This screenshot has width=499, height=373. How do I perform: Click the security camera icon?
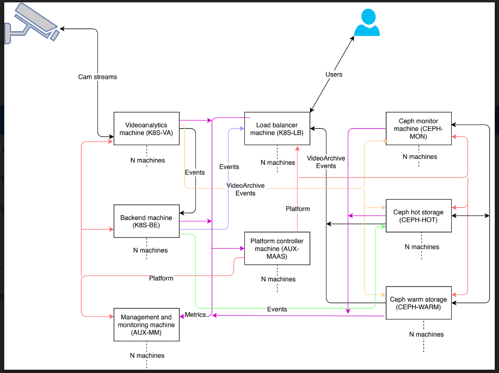[32, 24]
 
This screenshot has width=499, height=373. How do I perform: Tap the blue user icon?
[367, 22]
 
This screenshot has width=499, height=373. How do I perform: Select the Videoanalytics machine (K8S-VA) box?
[146, 129]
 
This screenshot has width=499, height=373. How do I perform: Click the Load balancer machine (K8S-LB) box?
[277, 129]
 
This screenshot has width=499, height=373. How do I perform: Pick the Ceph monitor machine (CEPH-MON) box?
[418, 129]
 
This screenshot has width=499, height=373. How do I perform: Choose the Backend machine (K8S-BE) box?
[146, 221]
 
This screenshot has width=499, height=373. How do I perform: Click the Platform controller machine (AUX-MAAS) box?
[277, 248]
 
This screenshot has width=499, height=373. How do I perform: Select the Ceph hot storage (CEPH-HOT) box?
[418, 216]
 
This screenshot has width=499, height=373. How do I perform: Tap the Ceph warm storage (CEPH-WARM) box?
[418, 303]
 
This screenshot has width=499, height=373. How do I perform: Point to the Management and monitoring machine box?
[146, 324]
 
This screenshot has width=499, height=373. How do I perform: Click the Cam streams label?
[97, 77]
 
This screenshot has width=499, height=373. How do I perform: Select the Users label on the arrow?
[334, 74]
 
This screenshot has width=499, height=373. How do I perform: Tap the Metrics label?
[195, 315]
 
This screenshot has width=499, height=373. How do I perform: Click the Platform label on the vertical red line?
[298, 209]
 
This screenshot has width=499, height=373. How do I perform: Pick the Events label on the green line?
[277, 309]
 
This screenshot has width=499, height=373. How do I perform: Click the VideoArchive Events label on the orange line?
[245, 189]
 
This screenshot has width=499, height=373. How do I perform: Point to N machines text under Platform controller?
[278, 279]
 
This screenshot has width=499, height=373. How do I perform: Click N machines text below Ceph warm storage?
[426, 334]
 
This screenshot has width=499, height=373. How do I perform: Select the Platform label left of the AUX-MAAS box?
[161, 278]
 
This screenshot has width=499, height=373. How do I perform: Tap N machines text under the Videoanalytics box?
[148, 160]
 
